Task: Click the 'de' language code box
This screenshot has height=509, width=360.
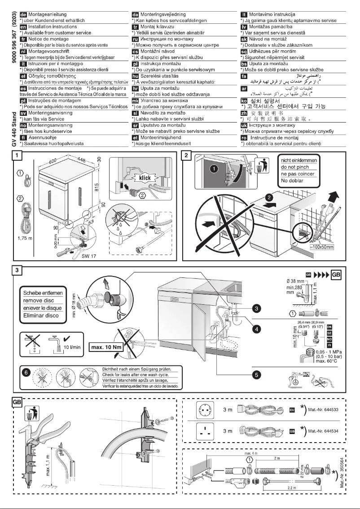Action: pyautogui.click(x=19, y=15)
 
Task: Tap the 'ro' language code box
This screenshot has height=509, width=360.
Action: pyautogui.click(x=245, y=136)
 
